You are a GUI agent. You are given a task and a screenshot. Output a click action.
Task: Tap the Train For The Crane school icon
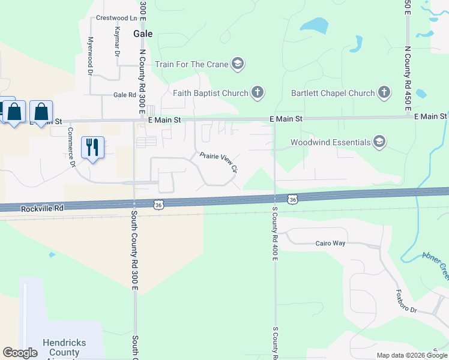click(238, 64)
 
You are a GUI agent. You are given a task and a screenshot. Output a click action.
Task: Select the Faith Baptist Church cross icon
click(258, 93)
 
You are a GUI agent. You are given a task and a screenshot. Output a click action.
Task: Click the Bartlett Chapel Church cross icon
click(384, 93)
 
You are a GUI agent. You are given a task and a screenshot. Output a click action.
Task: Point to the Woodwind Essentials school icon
click(379, 142)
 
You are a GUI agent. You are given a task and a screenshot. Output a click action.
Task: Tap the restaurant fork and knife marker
click(92, 148)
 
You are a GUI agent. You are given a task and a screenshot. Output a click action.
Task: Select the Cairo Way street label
click(331, 244)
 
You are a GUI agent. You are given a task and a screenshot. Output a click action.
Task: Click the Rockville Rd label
click(41, 209)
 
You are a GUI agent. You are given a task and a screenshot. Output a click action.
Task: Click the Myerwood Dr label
click(91, 56)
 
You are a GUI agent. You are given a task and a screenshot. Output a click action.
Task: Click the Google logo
click(20, 353)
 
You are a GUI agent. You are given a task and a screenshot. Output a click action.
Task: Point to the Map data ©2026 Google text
click(411, 355)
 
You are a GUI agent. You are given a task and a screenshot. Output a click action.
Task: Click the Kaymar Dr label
click(118, 41)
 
